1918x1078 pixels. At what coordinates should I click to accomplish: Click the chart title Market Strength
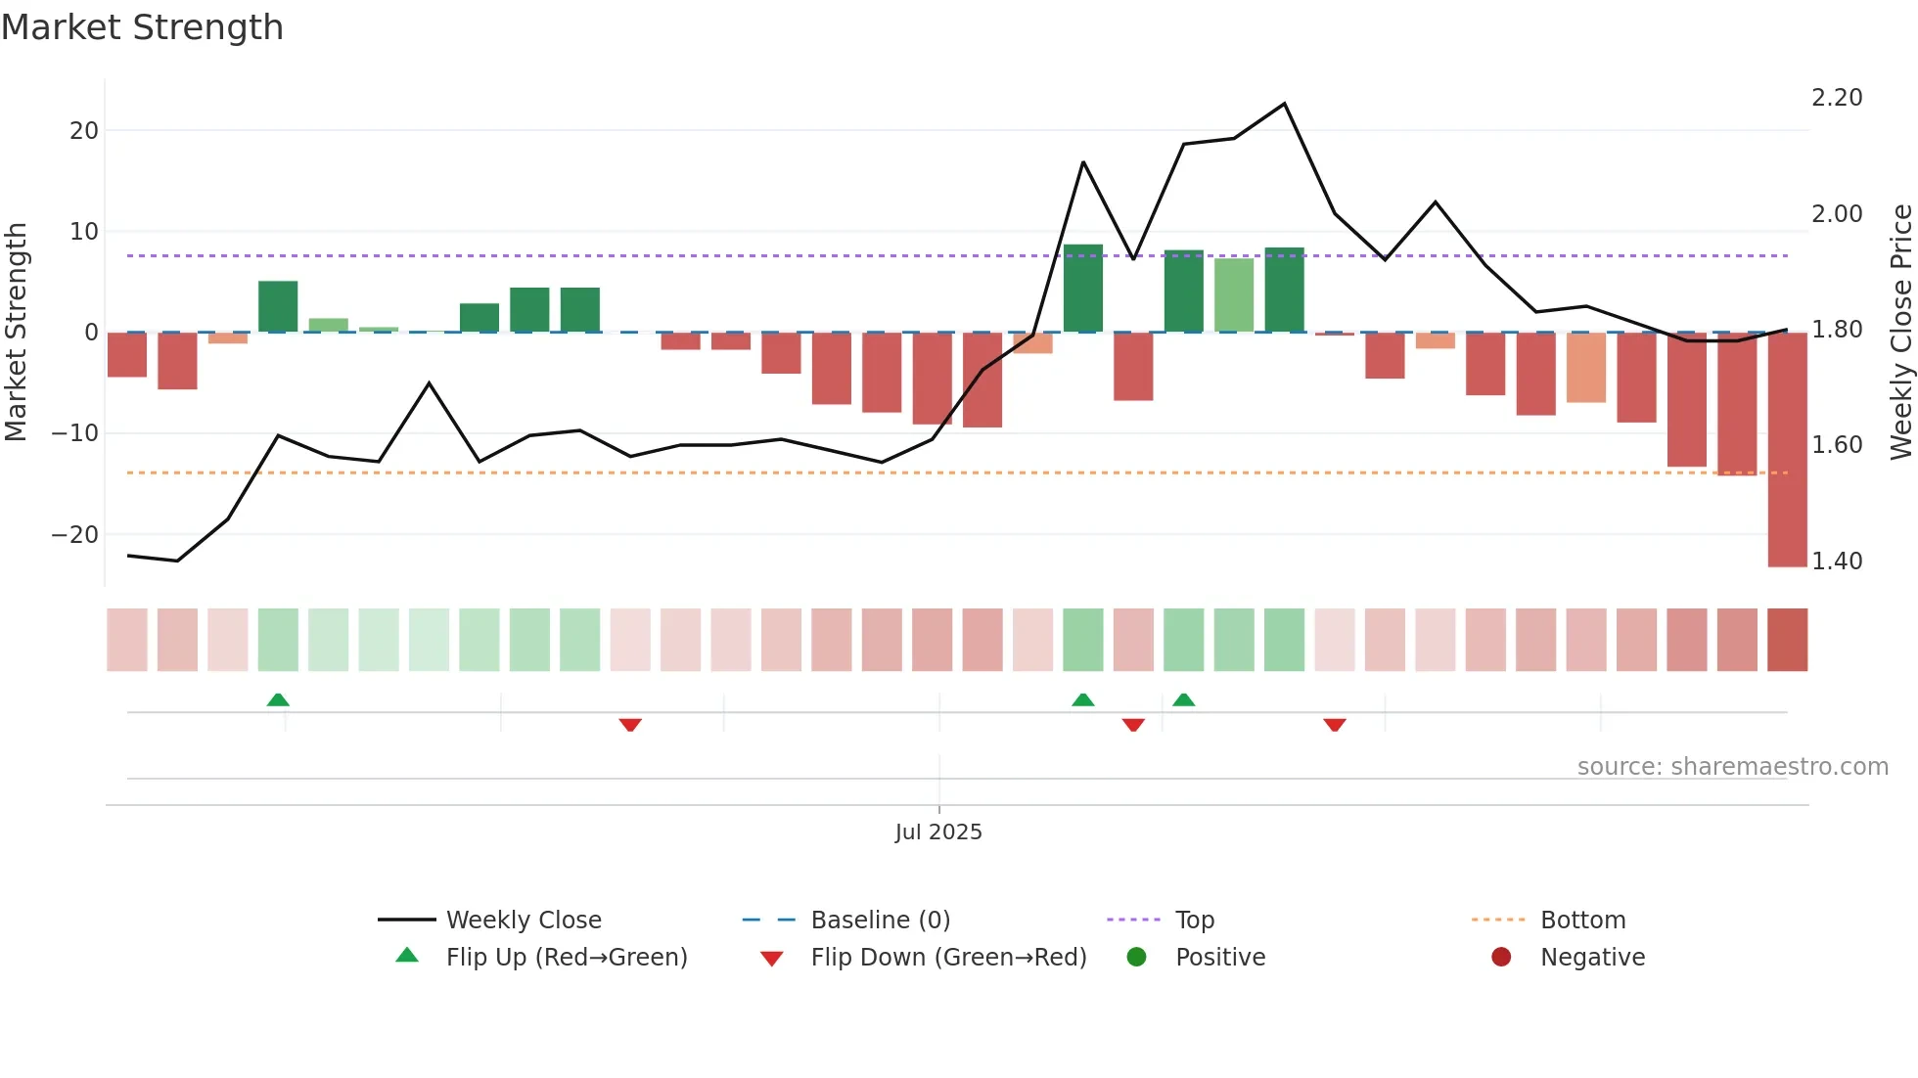click(x=143, y=27)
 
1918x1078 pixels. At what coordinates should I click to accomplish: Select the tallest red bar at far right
click(x=1787, y=450)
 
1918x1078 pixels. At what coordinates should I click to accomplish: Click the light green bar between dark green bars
click(x=1234, y=294)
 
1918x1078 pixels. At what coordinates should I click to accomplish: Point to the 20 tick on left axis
click(x=84, y=131)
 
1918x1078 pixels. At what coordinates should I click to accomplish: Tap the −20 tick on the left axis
click(x=75, y=535)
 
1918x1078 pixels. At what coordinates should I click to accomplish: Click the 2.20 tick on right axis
click(x=1837, y=98)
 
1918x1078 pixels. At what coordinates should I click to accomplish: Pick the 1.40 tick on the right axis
click(x=1837, y=561)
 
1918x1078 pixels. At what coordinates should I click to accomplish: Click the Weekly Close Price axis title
click(x=1900, y=333)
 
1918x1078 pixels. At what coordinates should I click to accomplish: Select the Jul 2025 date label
click(x=938, y=832)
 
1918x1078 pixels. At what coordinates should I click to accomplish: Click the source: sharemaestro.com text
click(x=1732, y=767)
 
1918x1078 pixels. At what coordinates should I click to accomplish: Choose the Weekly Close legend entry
click(x=524, y=921)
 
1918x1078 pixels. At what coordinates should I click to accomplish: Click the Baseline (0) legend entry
click(x=880, y=921)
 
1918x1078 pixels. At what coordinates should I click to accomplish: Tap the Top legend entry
click(x=1194, y=921)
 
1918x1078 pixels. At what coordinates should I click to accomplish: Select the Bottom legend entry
click(x=1582, y=921)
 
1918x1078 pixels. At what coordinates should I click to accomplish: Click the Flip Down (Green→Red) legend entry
click(x=948, y=958)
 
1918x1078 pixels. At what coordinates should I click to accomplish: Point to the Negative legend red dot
click(x=1501, y=958)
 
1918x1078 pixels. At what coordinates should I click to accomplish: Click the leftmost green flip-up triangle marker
click(x=278, y=699)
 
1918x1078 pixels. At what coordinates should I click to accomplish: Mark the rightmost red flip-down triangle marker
click(x=1335, y=725)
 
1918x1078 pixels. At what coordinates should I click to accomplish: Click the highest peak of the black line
click(x=1284, y=104)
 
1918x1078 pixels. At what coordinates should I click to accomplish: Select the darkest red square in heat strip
click(x=1787, y=640)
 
